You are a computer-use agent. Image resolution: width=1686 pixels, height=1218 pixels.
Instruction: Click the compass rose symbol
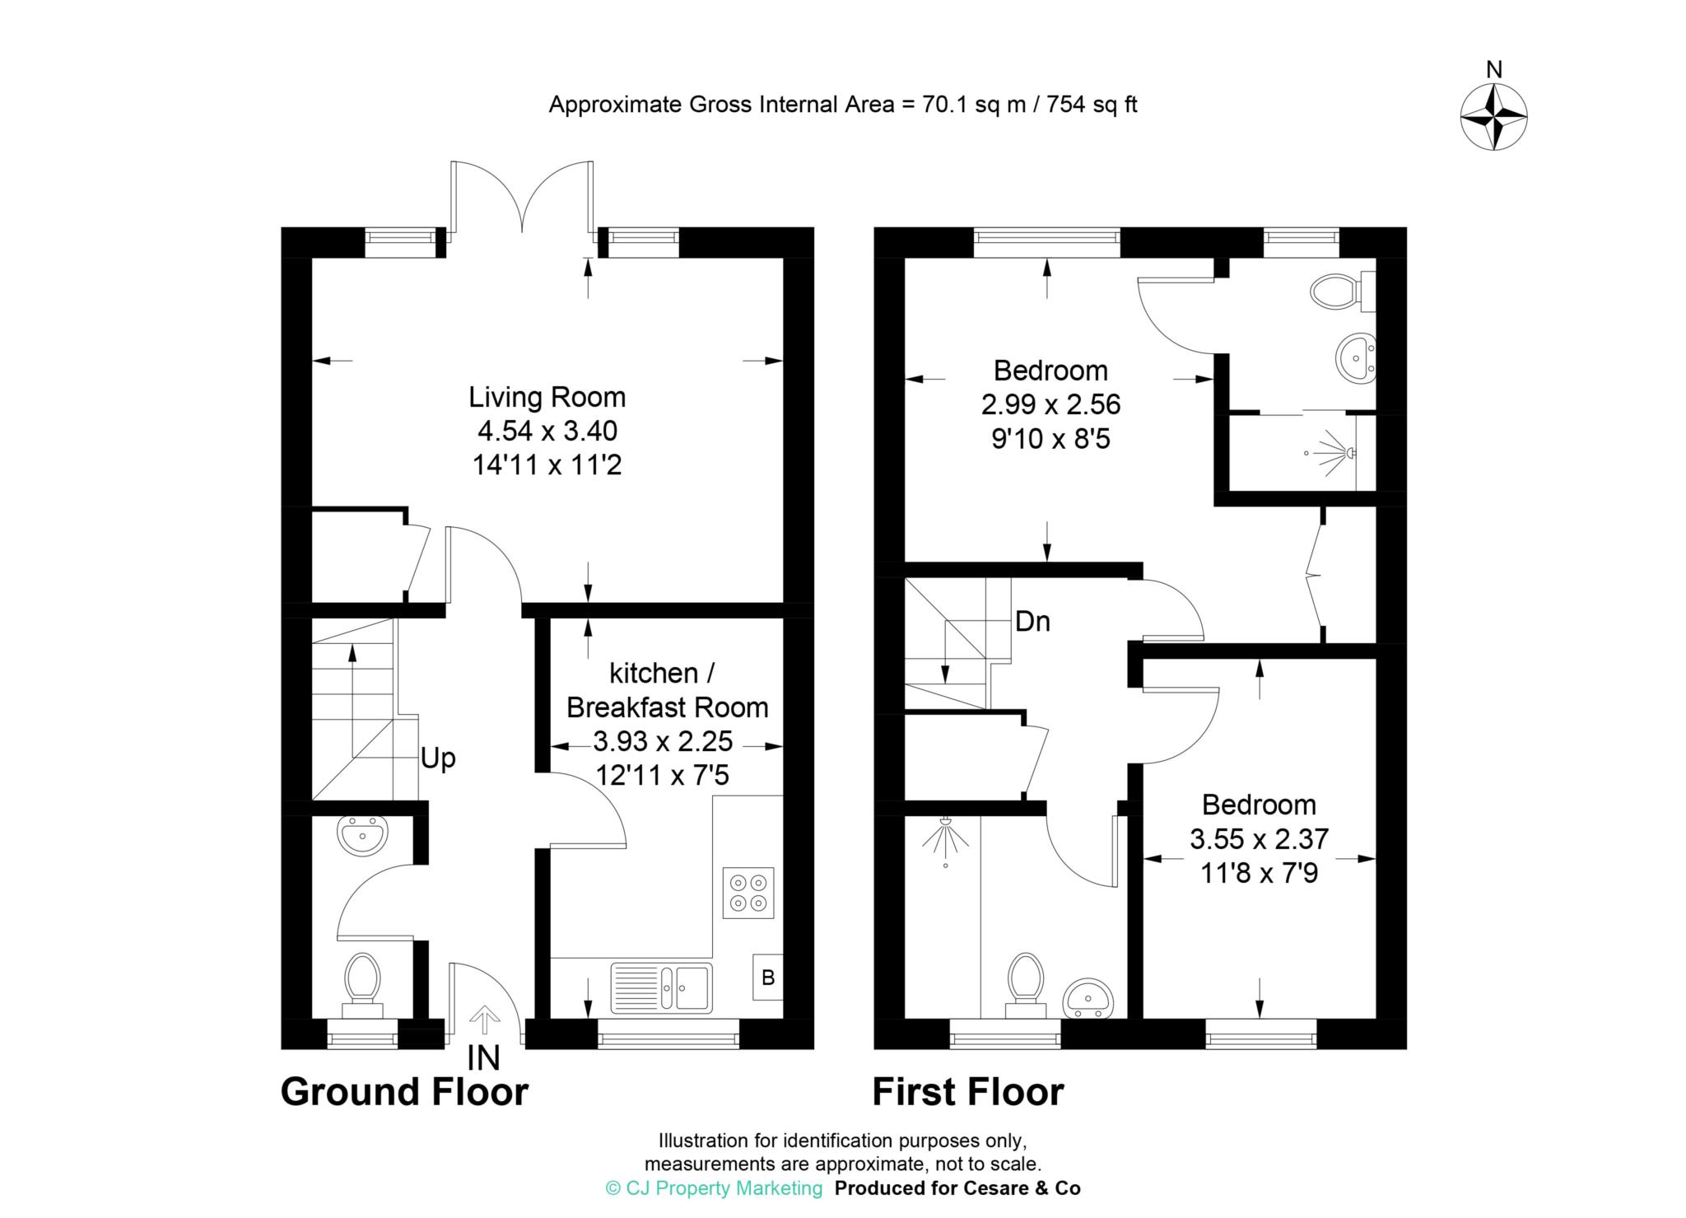coord(1493,117)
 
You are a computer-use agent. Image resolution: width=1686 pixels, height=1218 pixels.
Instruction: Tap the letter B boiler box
coord(768,978)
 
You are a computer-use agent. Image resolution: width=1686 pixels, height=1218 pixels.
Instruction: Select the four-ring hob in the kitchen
coord(748,893)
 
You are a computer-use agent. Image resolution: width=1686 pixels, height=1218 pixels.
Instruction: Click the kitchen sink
coord(661,987)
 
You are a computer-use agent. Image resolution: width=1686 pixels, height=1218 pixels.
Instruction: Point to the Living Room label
coord(547,397)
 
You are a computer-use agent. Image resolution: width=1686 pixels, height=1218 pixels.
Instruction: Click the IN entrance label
coord(483,1058)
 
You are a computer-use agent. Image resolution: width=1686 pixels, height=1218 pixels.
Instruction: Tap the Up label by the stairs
coord(438,758)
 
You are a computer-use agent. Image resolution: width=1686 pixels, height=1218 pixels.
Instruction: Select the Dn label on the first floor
coord(1032,621)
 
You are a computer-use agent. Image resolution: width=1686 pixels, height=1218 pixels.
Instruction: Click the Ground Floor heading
coord(404,1092)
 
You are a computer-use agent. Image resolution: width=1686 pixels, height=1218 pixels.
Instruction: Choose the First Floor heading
coord(968,1092)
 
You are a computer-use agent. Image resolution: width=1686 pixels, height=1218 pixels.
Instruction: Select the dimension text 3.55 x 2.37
coord(1259,839)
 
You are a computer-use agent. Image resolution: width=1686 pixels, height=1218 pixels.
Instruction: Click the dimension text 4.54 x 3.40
coord(547,431)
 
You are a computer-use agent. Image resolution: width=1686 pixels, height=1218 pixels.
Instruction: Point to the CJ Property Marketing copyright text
coord(714,1188)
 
